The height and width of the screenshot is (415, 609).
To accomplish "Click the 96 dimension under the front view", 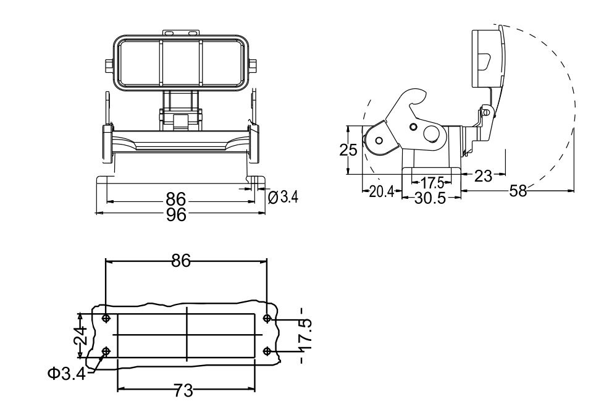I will click(177, 214).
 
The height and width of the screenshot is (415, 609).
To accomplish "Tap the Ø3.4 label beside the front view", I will click(283, 197).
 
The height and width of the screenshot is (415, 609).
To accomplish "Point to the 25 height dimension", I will click(349, 151).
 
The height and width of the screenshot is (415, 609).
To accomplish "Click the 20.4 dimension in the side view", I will click(381, 192).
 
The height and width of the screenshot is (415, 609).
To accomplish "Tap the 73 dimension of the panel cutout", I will click(183, 390).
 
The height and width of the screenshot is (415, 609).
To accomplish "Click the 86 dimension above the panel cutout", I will click(180, 261).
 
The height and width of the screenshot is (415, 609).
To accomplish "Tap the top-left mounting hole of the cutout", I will click(106, 319).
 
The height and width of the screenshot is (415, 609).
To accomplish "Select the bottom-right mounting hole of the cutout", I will click(267, 351).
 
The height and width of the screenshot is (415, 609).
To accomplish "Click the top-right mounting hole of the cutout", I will click(267, 319).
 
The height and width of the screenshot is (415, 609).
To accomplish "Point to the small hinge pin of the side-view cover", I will click(487, 113).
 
